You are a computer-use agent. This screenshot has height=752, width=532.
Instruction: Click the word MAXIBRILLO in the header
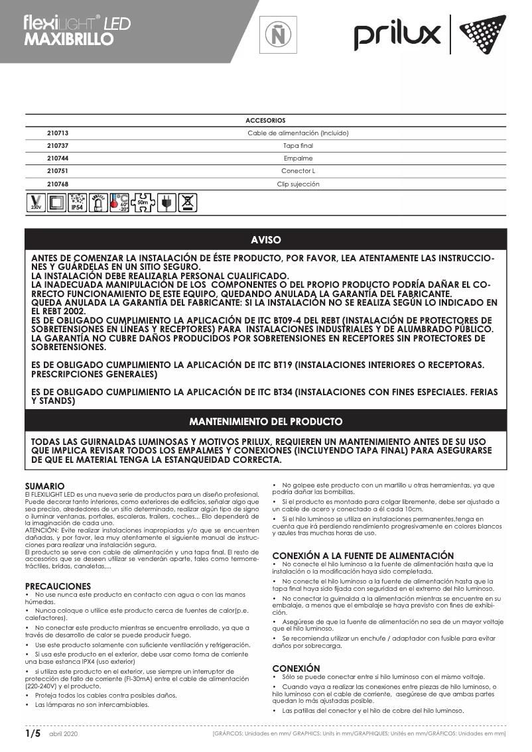coord(68,39)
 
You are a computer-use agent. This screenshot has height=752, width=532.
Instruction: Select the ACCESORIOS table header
coord(265,121)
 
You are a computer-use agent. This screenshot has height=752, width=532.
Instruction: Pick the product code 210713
coord(58,133)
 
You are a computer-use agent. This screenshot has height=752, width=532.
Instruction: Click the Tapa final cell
coord(298,146)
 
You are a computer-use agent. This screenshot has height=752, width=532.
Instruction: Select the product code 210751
coord(58,171)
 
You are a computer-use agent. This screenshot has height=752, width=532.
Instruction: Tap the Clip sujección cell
coord(298,184)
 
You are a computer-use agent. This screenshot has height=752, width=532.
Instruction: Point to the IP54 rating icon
coord(78,202)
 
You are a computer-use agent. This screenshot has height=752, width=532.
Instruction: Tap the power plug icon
coord(167,202)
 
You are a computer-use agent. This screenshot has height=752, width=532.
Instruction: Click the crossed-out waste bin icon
coord(188,202)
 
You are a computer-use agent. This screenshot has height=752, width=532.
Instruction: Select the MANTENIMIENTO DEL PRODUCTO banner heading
coord(265,421)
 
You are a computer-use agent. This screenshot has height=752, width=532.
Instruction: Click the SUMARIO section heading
coord(44,486)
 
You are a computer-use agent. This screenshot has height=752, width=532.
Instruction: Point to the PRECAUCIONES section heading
coord(58,586)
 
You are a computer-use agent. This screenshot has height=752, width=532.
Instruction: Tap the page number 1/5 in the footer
coord(33,733)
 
